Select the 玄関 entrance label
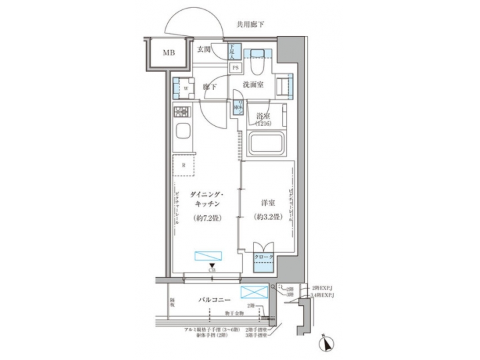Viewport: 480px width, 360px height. (204, 49)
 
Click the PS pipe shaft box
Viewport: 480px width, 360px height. (235, 67)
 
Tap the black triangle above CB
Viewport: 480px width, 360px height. (211, 265)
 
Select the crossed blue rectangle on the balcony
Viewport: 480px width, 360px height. (253, 294)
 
